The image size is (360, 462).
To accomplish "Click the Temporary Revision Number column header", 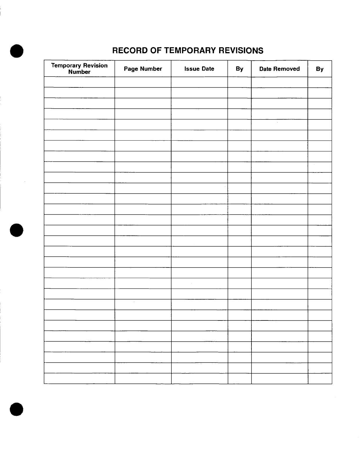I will coord(79,69).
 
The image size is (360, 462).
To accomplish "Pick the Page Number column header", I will coord(143,69).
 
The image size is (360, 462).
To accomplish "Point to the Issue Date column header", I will coord(199,69).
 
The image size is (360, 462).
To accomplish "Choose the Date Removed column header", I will coord(279,69).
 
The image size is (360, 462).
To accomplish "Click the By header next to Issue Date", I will coord(239,69).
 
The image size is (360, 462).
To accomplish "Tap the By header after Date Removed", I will coord(320,69).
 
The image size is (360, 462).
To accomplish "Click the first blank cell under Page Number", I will coord(143,82).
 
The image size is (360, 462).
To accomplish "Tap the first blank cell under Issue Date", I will coord(199,82).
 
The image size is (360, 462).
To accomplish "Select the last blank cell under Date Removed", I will coord(279,379).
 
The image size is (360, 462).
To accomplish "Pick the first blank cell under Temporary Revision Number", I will coord(79,82).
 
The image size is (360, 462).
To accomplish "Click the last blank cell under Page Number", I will coord(143,379).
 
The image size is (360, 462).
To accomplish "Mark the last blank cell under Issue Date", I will coord(199,379).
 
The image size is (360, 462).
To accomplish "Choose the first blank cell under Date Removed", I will coord(279,82).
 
